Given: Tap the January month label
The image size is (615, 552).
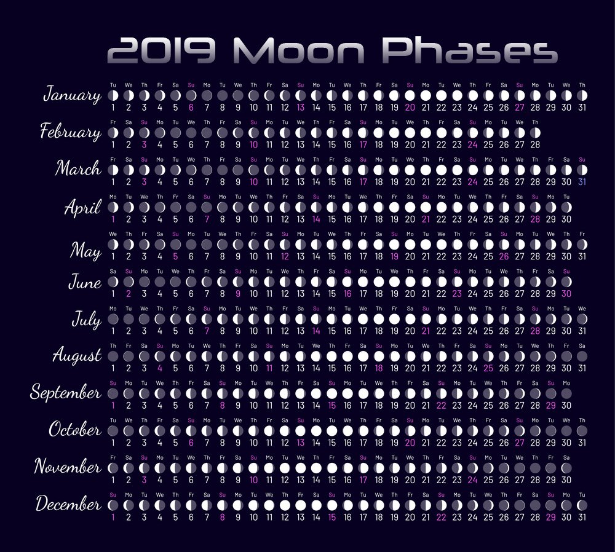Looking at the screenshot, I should [x=73, y=95].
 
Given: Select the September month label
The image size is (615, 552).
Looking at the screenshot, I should [x=66, y=393].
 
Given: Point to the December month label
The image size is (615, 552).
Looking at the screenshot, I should [x=68, y=505].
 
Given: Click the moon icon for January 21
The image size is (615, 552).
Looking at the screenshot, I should [x=426, y=95].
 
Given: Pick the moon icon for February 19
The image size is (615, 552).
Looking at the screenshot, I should [x=394, y=132].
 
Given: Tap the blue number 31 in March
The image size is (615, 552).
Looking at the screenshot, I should [x=582, y=181].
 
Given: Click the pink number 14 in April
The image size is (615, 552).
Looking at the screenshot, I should [x=316, y=219].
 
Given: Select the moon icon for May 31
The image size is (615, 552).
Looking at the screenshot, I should [x=582, y=244].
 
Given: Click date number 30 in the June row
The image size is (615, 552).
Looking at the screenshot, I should [x=566, y=294].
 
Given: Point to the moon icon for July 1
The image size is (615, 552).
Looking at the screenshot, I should [x=113, y=319].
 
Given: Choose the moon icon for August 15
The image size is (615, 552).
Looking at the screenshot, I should [x=332, y=356].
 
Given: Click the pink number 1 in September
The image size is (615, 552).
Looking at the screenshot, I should [x=113, y=405].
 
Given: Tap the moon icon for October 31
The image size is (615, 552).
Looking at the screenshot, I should [x=582, y=430].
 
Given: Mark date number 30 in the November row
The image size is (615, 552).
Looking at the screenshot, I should [x=566, y=479].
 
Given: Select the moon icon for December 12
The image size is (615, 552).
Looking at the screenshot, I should [x=285, y=505].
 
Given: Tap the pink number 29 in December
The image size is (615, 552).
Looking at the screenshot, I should [x=550, y=517].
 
